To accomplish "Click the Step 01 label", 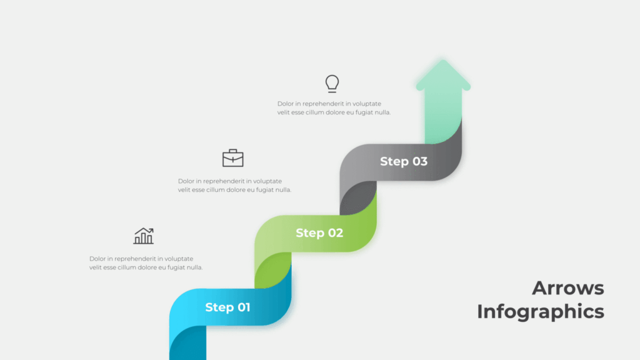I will (x=227, y=307).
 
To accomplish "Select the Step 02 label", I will (x=319, y=233).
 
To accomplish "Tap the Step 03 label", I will (x=404, y=161).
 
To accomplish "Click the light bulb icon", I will (x=332, y=83).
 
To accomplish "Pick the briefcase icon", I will (x=233, y=158).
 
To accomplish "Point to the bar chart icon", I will (x=144, y=236).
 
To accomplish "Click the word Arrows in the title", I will (x=568, y=288).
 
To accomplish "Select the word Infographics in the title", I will (x=541, y=311).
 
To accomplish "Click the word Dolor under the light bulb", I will (x=286, y=104).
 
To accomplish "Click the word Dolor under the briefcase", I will (x=186, y=181).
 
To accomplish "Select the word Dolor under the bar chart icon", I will (x=97, y=259).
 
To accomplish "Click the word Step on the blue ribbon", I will (x=219, y=307).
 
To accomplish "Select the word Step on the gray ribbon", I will (x=394, y=161).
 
